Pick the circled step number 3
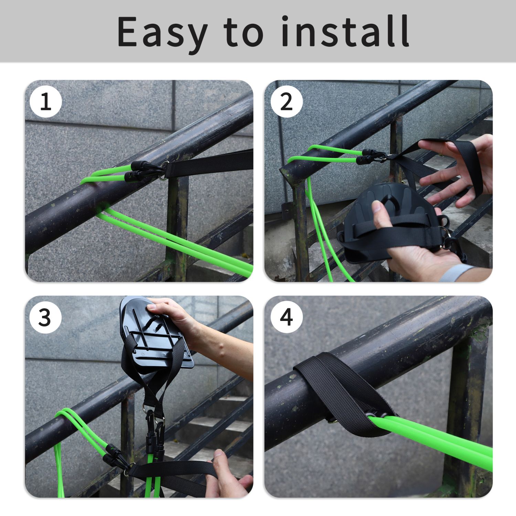(46, 317)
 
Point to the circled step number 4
(287, 317)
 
